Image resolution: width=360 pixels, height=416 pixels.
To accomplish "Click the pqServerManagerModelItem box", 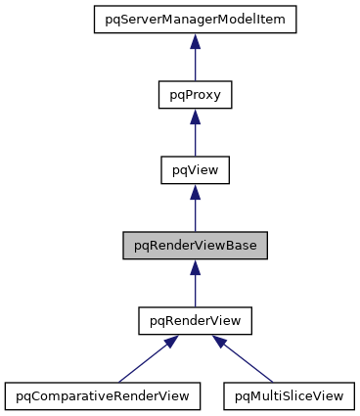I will [195, 20].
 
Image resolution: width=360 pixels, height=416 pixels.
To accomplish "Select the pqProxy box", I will [195, 95].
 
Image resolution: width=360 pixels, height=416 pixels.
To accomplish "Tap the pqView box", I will [195, 170].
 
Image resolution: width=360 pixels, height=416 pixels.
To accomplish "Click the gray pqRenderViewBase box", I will [195, 246].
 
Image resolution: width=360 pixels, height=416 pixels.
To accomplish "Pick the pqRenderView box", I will [195, 321].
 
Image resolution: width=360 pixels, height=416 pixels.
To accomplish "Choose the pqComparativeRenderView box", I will [103, 396].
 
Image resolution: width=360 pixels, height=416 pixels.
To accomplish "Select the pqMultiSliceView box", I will [289, 396].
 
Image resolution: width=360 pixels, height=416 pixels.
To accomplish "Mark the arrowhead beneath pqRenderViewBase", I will [195, 266].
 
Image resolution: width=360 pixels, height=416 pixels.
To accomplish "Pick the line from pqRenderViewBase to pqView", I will [195, 214].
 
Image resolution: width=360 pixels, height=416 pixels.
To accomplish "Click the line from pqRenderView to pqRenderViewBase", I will [195, 290].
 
